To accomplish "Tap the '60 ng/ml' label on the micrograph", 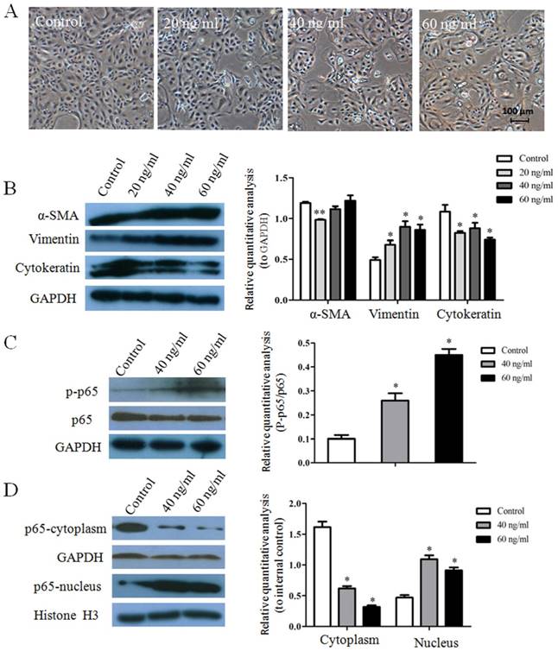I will [452, 18].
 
